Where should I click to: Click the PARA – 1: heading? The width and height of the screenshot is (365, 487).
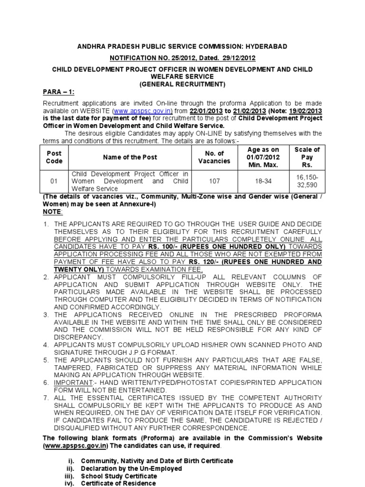pyautogui.click(x=58, y=92)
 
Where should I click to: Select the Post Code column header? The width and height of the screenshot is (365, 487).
pyautogui.click(x=54, y=157)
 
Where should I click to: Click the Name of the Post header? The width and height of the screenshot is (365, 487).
pyautogui.click(x=130, y=157)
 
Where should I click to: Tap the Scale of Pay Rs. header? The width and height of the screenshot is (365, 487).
pyautogui.click(x=307, y=157)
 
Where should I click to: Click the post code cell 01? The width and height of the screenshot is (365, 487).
pyautogui.click(x=54, y=181)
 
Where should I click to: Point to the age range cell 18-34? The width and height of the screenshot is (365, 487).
pyautogui.click(x=263, y=181)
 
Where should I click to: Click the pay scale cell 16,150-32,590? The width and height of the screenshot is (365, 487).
pyautogui.click(x=307, y=181)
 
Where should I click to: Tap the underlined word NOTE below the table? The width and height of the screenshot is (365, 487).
pyautogui.click(x=51, y=211)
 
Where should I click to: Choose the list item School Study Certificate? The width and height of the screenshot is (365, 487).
pyautogui.click(x=119, y=476)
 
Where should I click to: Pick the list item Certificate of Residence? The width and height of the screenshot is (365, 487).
pyautogui.click(x=118, y=483)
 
